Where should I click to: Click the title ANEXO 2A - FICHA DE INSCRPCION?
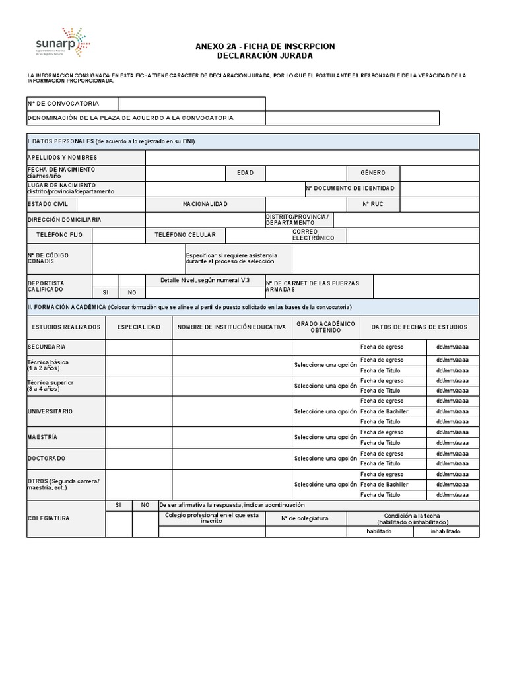(265, 46)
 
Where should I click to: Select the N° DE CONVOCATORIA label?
(63, 104)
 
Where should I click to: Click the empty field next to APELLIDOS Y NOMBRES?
(312, 157)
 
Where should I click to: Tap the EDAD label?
(246, 172)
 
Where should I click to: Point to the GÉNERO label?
(373, 172)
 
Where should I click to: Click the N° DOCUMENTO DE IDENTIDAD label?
(352, 189)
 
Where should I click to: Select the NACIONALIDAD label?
(205, 204)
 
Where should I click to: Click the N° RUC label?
(373, 204)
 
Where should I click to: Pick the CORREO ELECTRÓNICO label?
(314, 235)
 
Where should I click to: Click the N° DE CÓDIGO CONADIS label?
(48, 258)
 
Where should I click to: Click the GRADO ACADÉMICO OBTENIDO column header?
(325, 327)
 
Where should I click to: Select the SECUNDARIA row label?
(46, 347)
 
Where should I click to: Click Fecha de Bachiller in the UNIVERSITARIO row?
(385, 411)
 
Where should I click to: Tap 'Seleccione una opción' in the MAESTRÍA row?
(325, 437)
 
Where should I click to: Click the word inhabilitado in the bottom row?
(446, 531)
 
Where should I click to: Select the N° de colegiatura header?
(305, 518)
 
